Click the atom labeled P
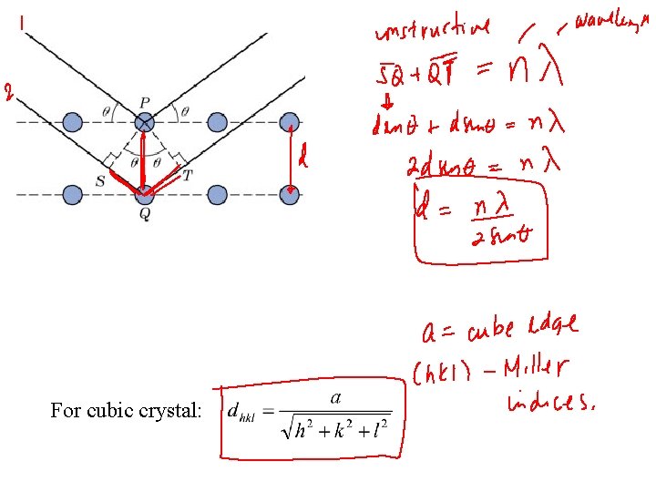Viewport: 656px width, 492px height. pos(144,122)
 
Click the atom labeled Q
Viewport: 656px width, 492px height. pos(144,194)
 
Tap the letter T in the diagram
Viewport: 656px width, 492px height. pos(188,176)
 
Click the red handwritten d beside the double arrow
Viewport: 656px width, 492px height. pos(303,160)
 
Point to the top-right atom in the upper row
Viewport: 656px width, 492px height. pos(290,122)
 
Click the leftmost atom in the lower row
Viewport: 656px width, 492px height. pos(72,194)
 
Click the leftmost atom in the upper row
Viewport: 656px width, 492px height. pos(72,122)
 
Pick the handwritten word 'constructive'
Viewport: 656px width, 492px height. pos(433,33)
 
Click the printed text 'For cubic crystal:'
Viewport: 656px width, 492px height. pos(126,411)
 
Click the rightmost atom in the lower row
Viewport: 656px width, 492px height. pos(290,194)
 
